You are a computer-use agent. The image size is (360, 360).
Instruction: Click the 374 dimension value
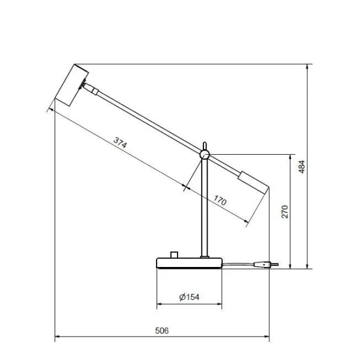pyautogui.click(x=120, y=143)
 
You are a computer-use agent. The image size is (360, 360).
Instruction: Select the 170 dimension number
pyautogui.click(x=220, y=201)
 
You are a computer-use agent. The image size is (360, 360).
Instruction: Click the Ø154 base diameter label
pyautogui.click(x=189, y=297)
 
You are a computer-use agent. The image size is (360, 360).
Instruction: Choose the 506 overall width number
pyautogui.click(x=161, y=331)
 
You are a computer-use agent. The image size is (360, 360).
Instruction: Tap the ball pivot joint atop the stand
pyautogui.click(x=205, y=155)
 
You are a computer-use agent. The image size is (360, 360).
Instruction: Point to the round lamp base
pyautogui.click(x=189, y=262)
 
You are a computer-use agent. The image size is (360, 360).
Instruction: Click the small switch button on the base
pyautogui.click(x=175, y=254)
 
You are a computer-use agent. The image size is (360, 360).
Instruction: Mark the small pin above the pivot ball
pyautogui.click(x=205, y=145)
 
